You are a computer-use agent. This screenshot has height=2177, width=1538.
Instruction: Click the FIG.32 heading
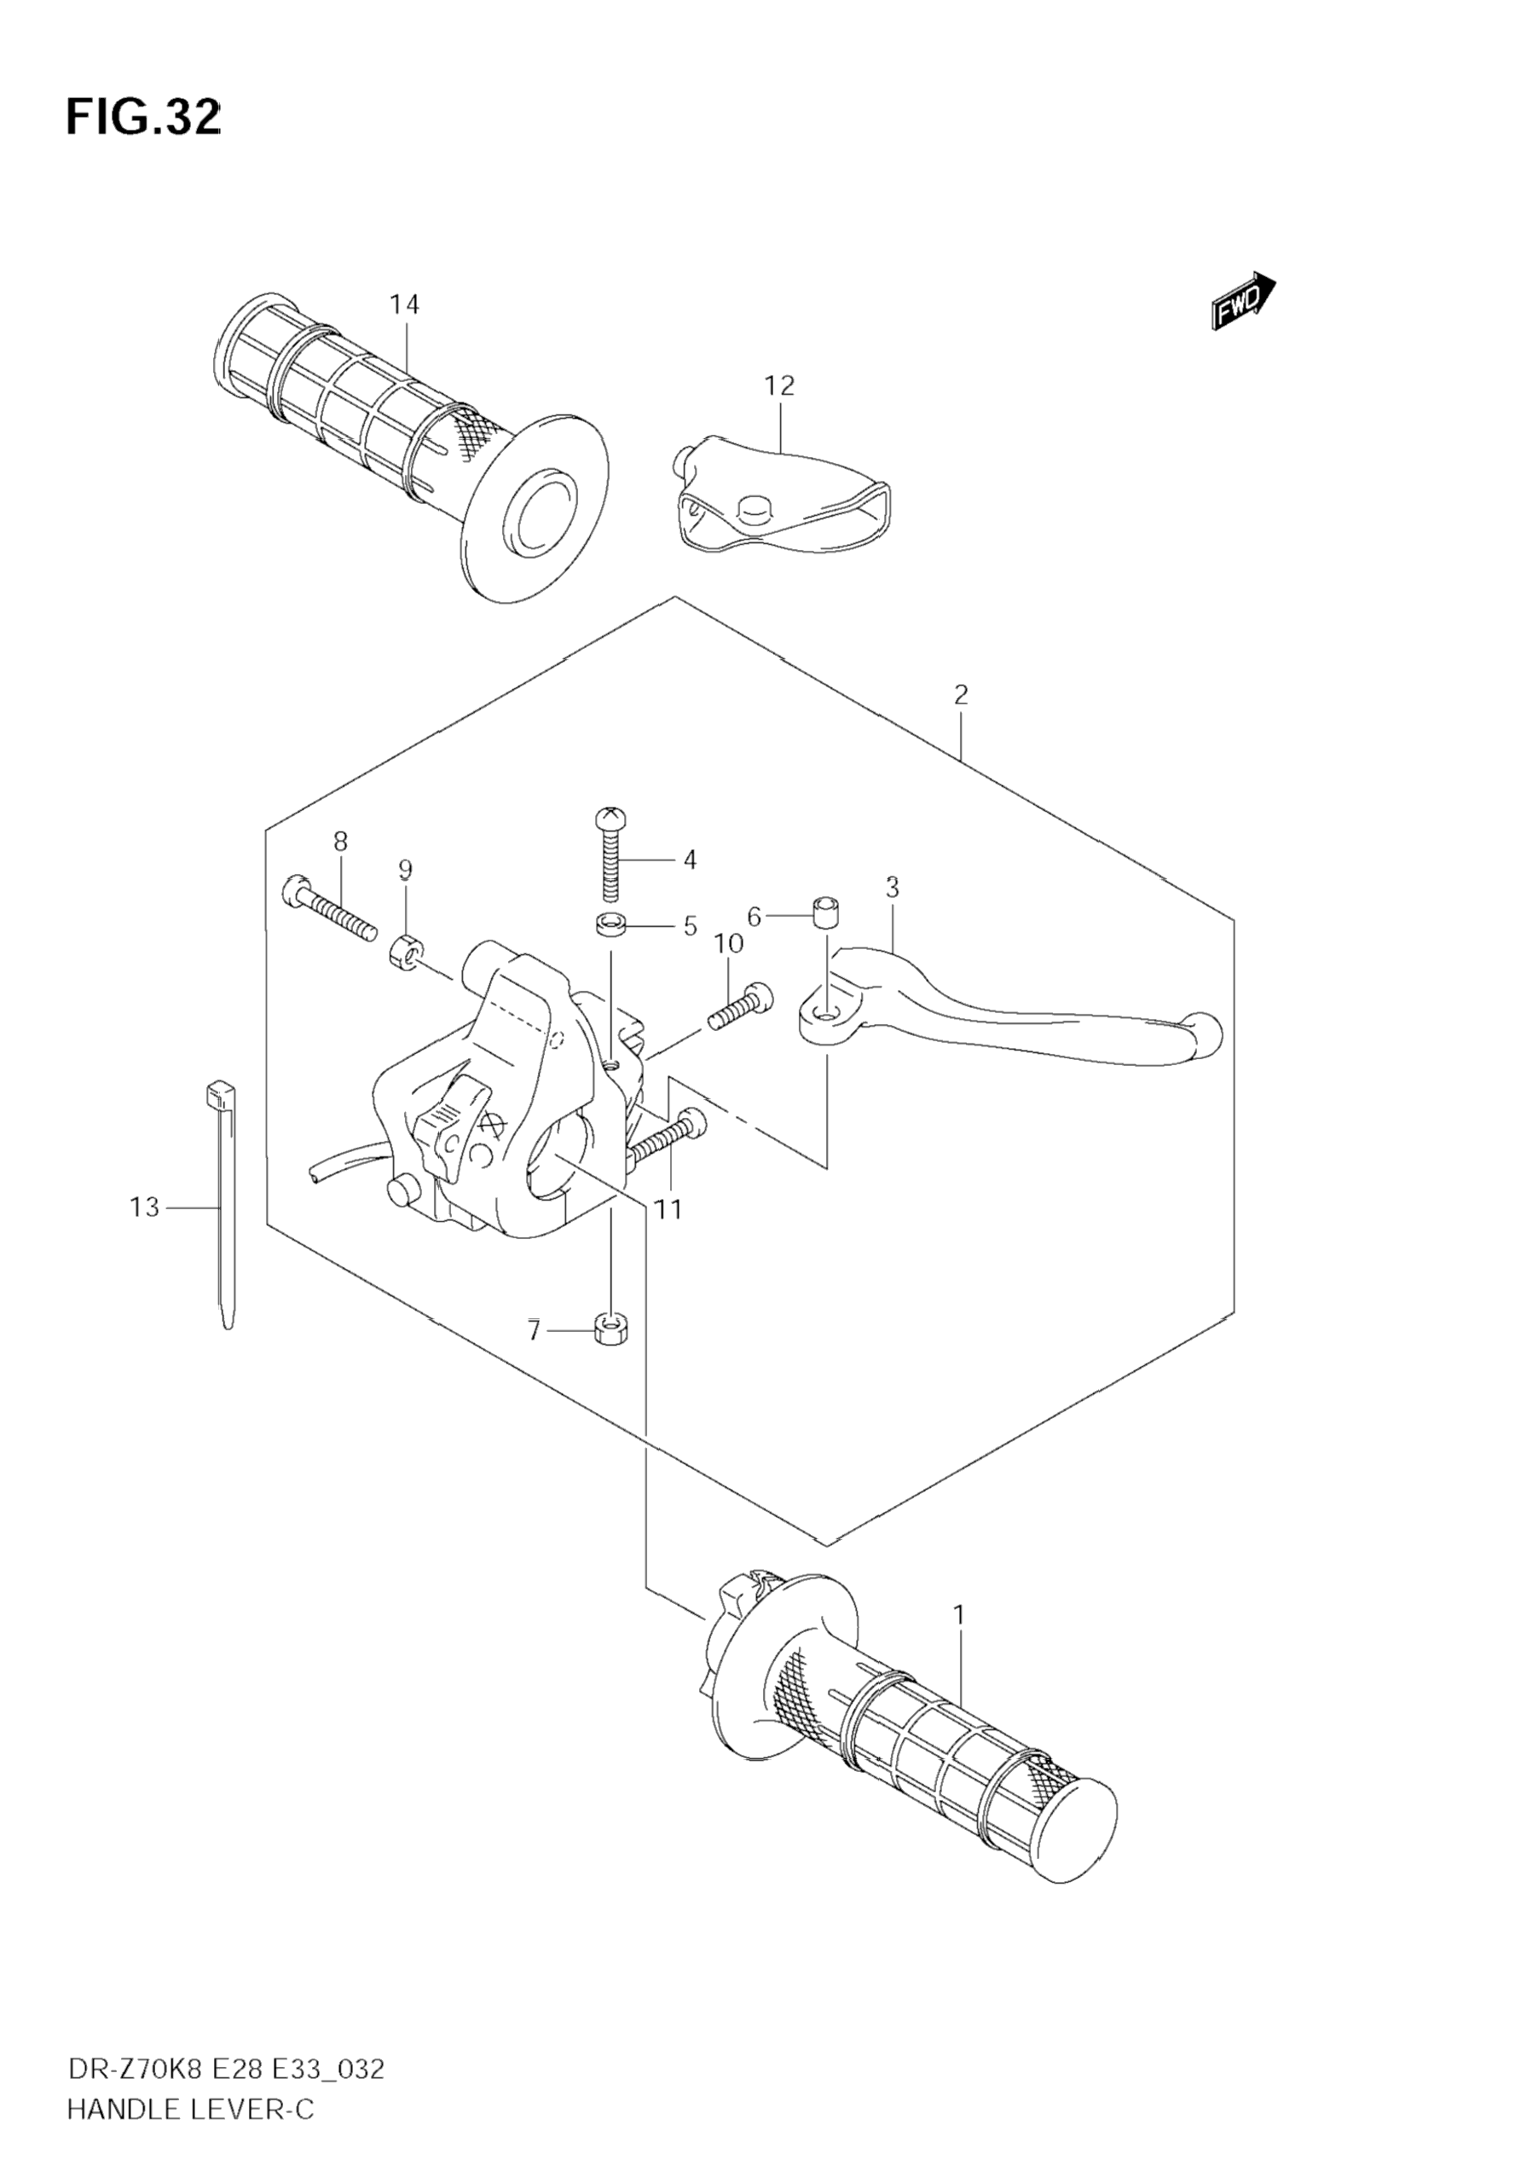tap(143, 118)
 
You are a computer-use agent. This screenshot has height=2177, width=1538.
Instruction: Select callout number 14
tap(404, 304)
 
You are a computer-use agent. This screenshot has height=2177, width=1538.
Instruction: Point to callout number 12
tap(779, 386)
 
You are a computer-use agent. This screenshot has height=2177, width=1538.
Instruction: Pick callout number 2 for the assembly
tap(961, 694)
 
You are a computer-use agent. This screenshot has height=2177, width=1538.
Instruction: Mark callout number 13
tap(144, 1207)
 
